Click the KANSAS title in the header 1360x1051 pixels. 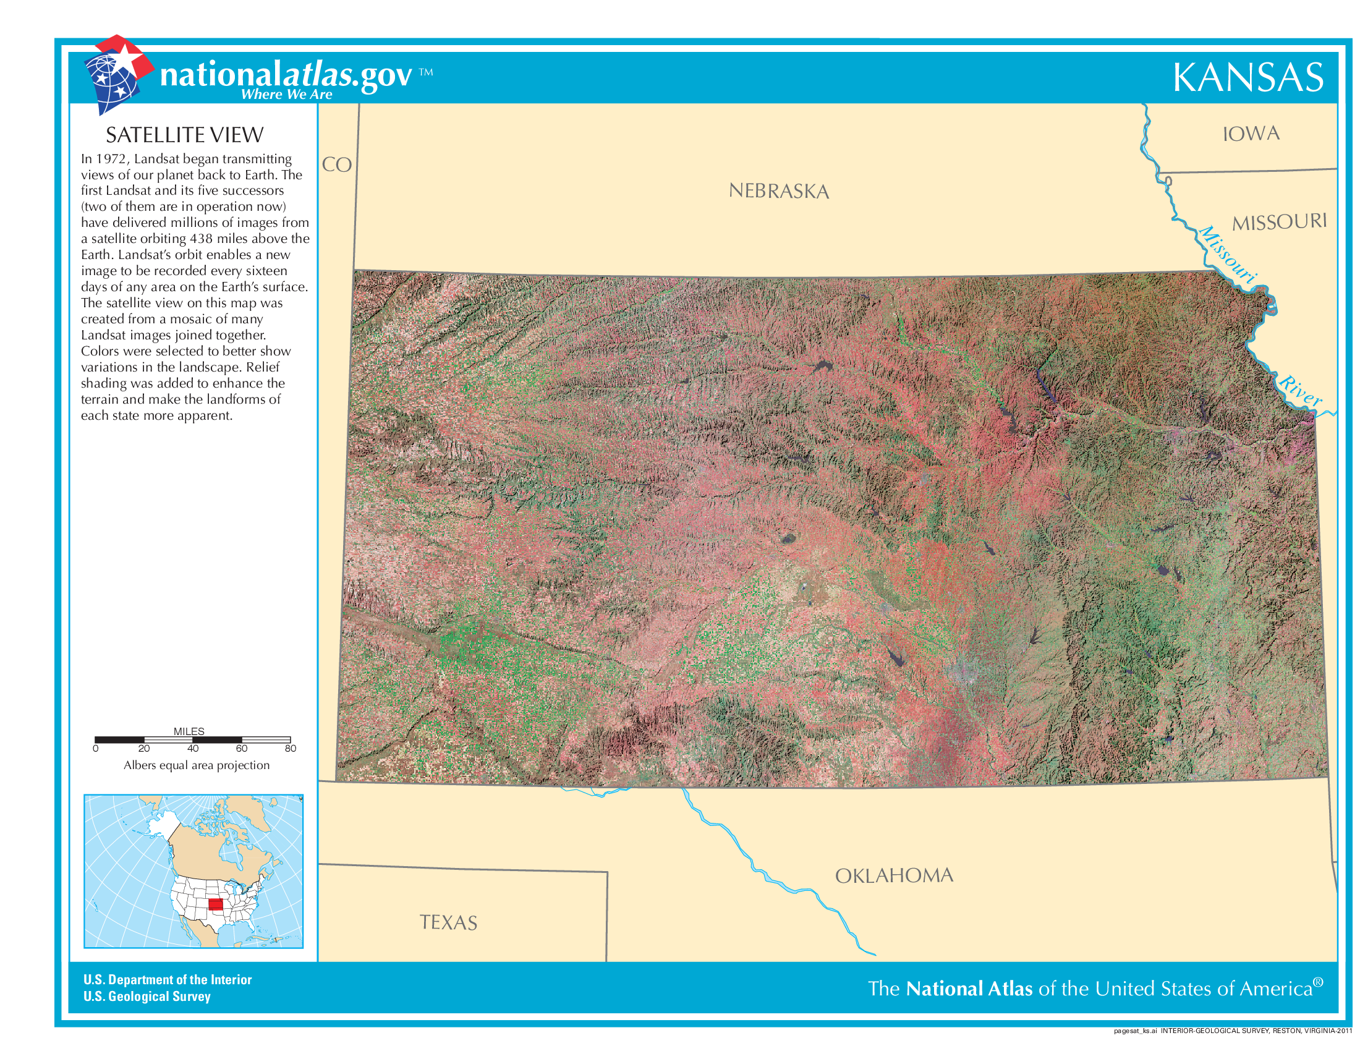(x=1248, y=78)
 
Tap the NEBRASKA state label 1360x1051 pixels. (x=778, y=191)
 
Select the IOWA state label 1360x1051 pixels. (x=1251, y=134)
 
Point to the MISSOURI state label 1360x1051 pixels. (x=1279, y=223)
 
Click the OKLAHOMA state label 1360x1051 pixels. (x=894, y=876)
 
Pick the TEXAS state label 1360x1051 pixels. (x=448, y=923)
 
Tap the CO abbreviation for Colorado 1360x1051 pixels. (x=337, y=165)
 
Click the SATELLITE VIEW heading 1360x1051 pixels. (x=184, y=135)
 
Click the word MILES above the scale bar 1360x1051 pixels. (x=189, y=731)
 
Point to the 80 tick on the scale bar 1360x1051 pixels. (x=290, y=749)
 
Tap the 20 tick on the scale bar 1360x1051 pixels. (x=144, y=749)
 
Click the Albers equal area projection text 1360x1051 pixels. (x=196, y=765)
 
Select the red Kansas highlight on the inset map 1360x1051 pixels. (x=216, y=904)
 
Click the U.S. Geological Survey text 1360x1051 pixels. (x=147, y=997)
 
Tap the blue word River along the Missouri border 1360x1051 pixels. (x=1300, y=390)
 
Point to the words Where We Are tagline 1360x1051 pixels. (x=286, y=95)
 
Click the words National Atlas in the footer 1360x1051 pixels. (x=969, y=989)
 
